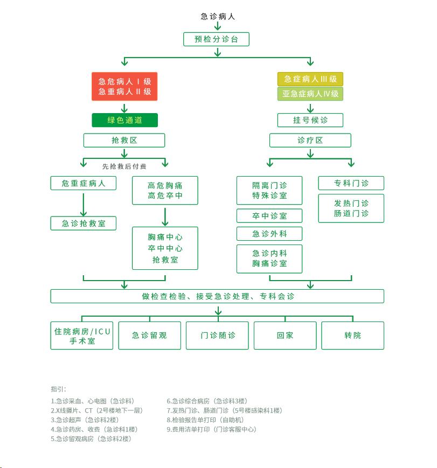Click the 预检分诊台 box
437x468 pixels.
click(216, 39)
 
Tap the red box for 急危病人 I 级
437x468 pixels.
click(124, 86)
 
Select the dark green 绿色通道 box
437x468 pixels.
click(124, 120)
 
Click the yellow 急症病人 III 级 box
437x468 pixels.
click(310, 79)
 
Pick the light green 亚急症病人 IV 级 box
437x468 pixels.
click(310, 94)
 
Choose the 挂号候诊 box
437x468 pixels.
click(310, 120)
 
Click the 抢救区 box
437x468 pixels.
click(124, 140)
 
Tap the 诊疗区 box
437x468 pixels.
click(310, 140)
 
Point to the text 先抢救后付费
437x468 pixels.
click(124, 166)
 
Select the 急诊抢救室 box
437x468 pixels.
click(84, 223)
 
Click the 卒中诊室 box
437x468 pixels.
click(269, 216)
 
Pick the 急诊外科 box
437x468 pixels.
click(269, 234)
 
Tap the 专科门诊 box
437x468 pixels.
click(351, 183)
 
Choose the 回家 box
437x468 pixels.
click(285, 336)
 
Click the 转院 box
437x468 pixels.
click(353, 336)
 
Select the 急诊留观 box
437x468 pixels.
click(150, 336)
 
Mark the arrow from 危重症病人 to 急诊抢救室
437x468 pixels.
click(84, 205)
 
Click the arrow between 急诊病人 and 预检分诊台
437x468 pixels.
click(218, 26)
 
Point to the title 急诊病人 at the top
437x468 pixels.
click(218, 16)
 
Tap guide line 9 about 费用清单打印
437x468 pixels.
click(211, 430)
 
